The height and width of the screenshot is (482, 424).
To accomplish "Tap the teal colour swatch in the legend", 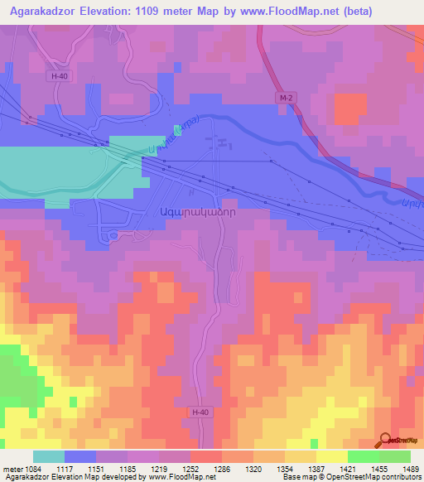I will (49, 456).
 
